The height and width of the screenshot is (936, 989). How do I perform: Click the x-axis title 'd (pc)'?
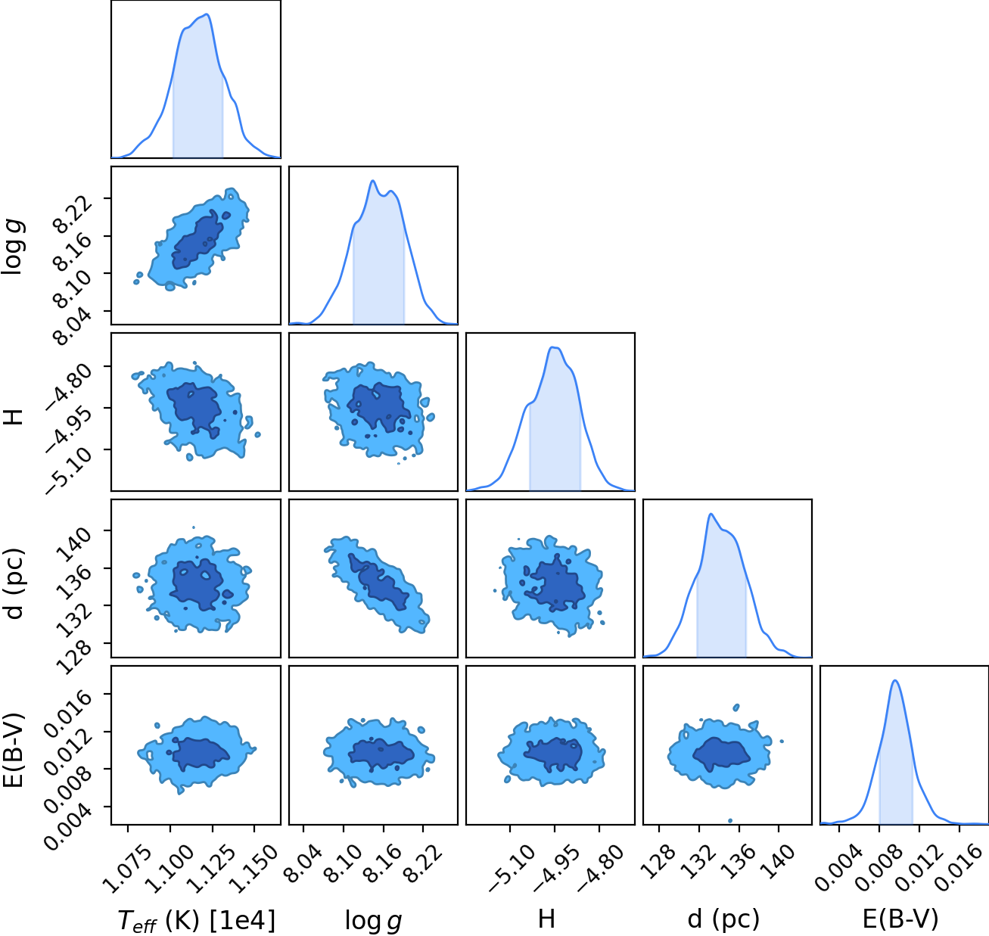coord(723,919)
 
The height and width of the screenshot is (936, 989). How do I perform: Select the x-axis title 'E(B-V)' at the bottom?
coord(900,919)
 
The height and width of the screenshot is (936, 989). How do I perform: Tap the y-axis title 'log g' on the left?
coord(13,247)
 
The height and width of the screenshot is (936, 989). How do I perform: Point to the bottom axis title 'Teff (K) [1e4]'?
coord(196,921)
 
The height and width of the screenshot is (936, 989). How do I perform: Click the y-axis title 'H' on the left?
coord(13,416)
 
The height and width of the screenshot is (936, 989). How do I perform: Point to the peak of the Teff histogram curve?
coord(207,14)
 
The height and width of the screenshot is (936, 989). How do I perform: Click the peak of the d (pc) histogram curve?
coord(711,514)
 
